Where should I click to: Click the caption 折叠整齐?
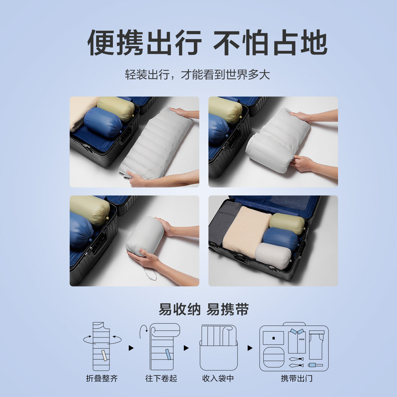click(102, 378)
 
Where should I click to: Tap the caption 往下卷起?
click(161, 378)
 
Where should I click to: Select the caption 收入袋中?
click(218, 378)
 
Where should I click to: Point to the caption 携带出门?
click(297, 378)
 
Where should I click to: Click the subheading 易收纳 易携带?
click(204, 310)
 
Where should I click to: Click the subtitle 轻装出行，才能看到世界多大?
click(198, 74)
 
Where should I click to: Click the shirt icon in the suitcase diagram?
click(297, 341)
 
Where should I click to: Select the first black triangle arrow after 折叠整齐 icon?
click(131, 348)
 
